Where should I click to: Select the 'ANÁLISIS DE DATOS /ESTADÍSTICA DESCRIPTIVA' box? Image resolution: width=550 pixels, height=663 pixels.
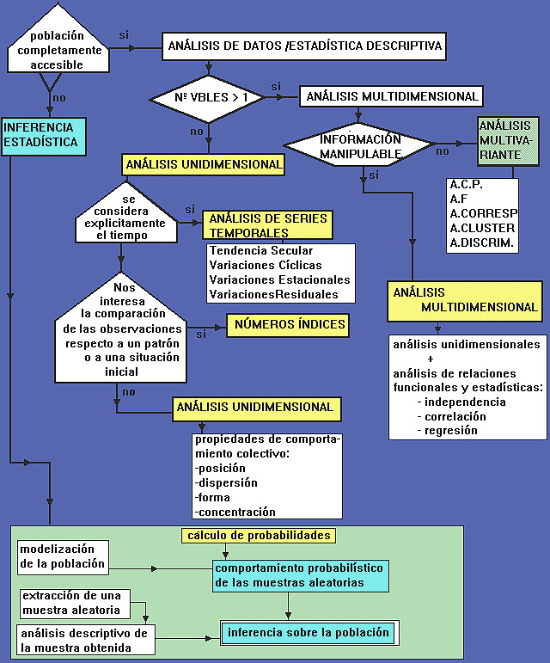pyautogui.click(x=304, y=46)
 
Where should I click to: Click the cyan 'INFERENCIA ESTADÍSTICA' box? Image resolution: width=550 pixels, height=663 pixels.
pyautogui.click(x=44, y=136)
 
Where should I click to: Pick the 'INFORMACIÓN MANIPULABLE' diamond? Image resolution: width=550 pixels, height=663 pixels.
pyautogui.click(x=360, y=146)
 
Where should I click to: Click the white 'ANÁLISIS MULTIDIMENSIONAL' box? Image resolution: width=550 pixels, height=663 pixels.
pyautogui.click(x=392, y=95)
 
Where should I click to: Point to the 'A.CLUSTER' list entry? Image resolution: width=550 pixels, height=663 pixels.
pyautogui.click(x=482, y=228)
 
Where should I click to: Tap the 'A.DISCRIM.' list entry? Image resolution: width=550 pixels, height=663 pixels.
pyautogui.click(x=482, y=242)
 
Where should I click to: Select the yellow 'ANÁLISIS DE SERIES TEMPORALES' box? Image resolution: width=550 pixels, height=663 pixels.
pyautogui.click(x=267, y=225)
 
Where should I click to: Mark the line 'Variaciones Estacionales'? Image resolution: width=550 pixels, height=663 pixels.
pyautogui.click(x=279, y=279)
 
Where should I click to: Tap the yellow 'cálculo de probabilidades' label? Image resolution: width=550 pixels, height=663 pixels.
pyautogui.click(x=257, y=535)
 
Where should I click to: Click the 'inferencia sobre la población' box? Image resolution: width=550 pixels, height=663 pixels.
pyautogui.click(x=309, y=633)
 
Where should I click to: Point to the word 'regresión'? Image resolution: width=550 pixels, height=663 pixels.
pyautogui.click(x=451, y=430)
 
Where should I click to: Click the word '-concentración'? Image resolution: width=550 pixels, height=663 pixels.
pyautogui.click(x=235, y=512)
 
